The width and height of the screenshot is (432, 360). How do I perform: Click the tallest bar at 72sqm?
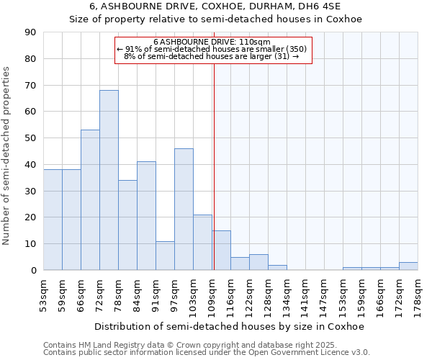tap(109, 180)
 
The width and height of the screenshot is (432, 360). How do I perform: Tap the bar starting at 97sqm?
tap(184, 209)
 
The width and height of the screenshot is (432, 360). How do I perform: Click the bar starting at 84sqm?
tap(146, 216)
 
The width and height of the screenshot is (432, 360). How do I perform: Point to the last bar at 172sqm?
tap(408, 266)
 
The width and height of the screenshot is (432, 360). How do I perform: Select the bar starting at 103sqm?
tap(202, 243)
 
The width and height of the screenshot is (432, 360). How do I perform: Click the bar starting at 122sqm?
tap(258, 263)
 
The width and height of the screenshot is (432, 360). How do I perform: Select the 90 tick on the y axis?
tap(30, 32)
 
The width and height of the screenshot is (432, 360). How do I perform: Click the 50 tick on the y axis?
tap(30, 138)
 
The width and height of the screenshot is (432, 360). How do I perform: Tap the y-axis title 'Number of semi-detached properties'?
tap(7, 155)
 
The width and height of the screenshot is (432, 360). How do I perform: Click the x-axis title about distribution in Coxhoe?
tap(229, 326)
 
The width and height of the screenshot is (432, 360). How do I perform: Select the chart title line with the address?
tap(215, 6)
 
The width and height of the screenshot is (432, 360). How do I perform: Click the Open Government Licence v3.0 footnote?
tap(207, 353)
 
